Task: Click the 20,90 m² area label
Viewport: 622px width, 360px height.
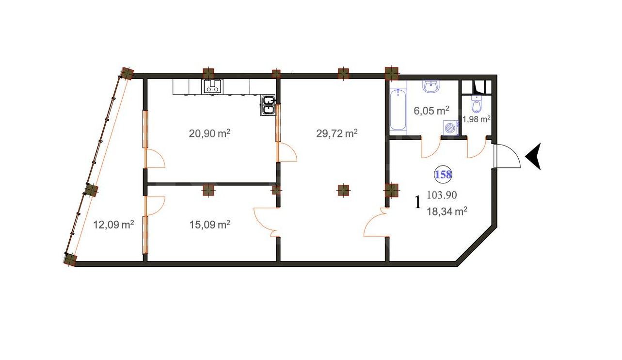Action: pyautogui.click(x=209, y=133)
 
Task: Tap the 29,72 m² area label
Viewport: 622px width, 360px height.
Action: pyautogui.click(x=337, y=133)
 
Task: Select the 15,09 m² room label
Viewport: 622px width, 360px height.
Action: pyautogui.click(x=209, y=225)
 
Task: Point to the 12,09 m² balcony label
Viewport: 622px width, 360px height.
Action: pyautogui.click(x=113, y=225)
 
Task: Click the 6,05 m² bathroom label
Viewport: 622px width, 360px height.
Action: pyautogui.click(x=431, y=111)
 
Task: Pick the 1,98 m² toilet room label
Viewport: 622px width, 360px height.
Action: pyautogui.click(x=476, y=119)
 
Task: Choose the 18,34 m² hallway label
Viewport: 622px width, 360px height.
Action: pyautogui.click(x=447, y=211)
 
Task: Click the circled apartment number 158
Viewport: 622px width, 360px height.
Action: pyautogui.click(x=443, y=175)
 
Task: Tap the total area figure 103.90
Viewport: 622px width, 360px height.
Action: pyautogui.click(x=441, y=195)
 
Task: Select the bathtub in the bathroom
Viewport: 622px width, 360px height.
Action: pyautogui.click(x=398, y=109)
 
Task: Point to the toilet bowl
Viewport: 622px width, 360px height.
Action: pyautogui.click(x=477, y=105)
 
